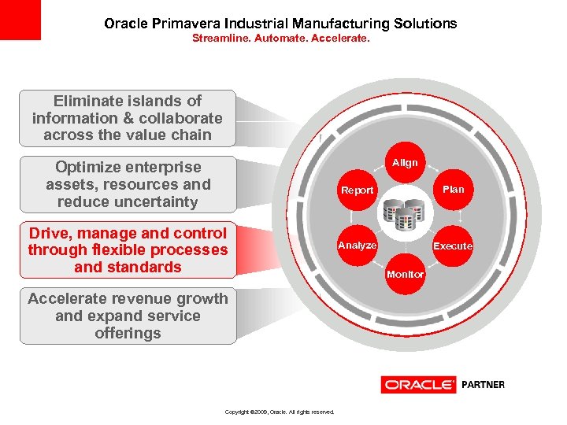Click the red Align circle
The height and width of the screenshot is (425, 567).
(406, 164)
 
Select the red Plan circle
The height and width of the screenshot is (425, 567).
(453, 190)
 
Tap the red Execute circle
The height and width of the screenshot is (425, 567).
(453, 246)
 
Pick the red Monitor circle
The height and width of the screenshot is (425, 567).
(406, 274)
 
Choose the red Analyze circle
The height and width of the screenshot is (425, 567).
(357, 246)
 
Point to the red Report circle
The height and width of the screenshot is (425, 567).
(357, 190)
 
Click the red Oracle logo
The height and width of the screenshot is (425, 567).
(418, 385)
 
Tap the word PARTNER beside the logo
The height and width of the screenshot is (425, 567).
(483, 385)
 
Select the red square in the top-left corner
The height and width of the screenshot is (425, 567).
(20, 20)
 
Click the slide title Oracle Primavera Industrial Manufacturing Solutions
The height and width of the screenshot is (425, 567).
(280, 24)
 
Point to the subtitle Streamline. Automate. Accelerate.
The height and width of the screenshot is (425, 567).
(280, 37)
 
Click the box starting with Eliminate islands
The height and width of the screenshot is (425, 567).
(128, 118)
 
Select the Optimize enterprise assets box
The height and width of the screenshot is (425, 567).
(128, 184)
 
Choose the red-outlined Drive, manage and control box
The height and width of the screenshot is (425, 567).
(128, 250)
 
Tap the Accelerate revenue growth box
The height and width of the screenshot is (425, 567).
(128, 316)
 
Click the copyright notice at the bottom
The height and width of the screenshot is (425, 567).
(280, 412)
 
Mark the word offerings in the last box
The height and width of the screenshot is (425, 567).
(128, 333)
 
